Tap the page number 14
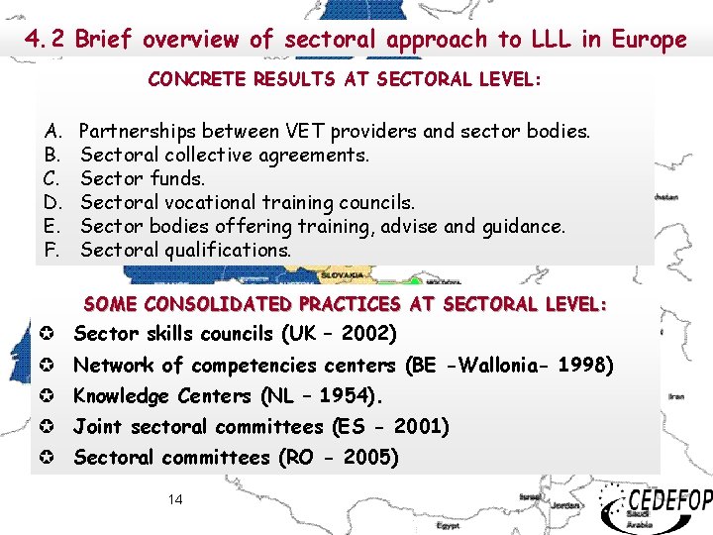click(175, 499)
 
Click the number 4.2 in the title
click(47, 40)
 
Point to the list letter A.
click(51, 131)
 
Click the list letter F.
click(51, 250)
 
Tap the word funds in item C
click(178, 178)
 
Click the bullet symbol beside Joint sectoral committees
click(48, 427)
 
